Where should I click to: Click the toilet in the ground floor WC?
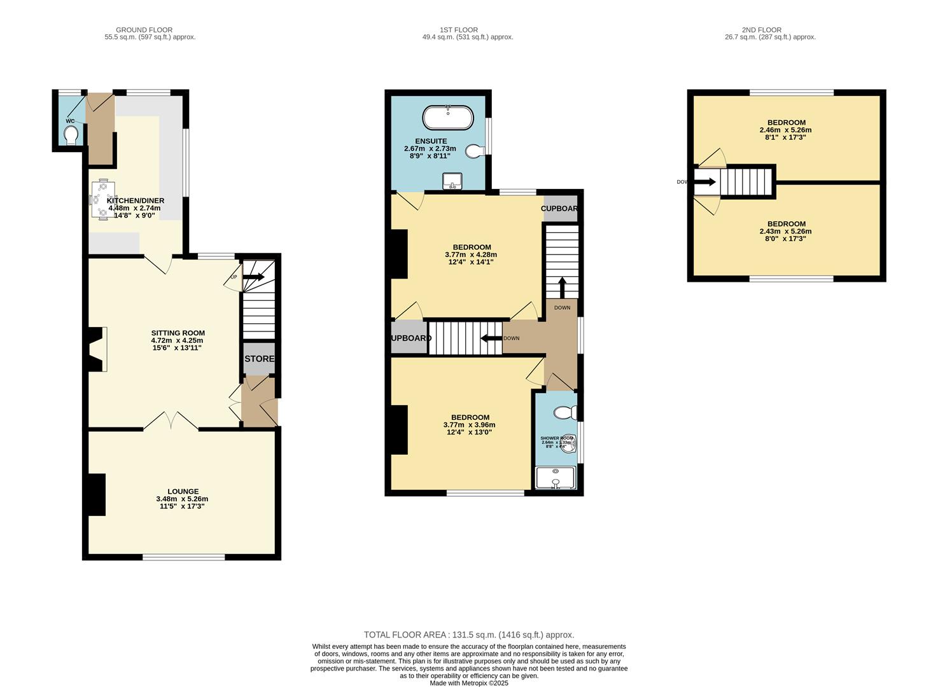(x=71, y=135)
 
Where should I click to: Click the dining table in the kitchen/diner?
(x=102, y=200)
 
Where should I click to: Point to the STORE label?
(x=259, y=359)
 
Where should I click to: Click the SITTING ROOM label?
(x=178, y=333)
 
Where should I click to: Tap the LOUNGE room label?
(x=183, y=491)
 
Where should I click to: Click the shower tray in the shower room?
(x=556, y=478)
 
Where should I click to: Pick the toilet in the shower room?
(x=564, y=413)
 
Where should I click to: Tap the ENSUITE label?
(x=431, y=141)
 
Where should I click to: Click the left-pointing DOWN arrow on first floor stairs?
(x=491, y=338)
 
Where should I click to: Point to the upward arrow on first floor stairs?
(x=562, y=286)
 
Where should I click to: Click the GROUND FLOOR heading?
(x=144, y=30)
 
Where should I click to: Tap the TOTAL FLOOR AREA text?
(x=468, y=635)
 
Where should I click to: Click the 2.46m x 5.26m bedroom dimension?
(x=785, y=130)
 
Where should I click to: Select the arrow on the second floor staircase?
(x=706, y=182)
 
